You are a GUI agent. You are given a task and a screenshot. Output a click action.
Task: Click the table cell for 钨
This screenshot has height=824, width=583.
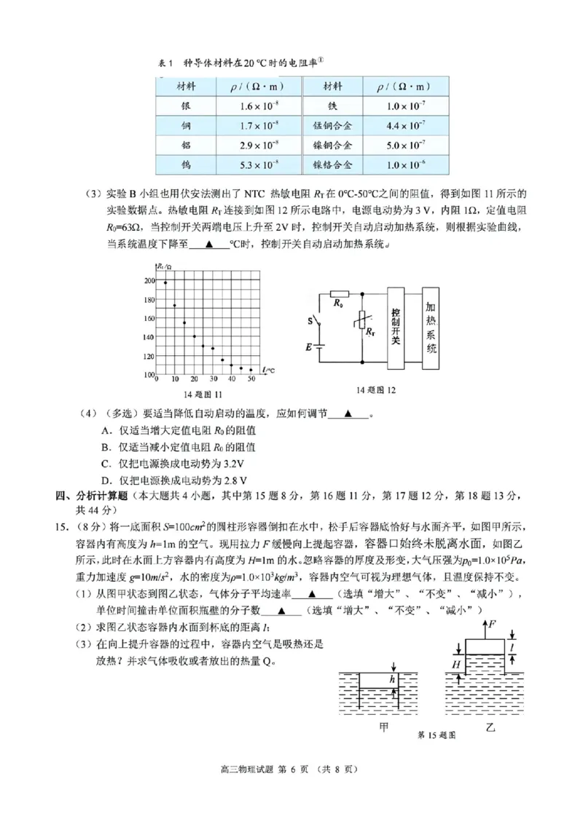(187, 165)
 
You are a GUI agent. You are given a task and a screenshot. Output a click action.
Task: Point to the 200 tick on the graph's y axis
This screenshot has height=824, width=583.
(149, 281)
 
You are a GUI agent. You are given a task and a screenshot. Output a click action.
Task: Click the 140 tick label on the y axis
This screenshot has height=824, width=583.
(149, 337)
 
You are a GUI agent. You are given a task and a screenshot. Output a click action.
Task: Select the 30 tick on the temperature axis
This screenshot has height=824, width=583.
(214, 379)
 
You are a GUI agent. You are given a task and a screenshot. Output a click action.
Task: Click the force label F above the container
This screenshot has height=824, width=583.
(493, 625)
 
